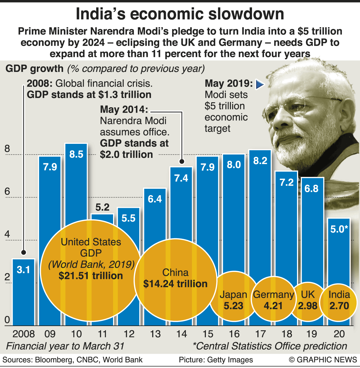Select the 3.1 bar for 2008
click(x=23, y=292)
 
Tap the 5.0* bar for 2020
click(x=339, y=253)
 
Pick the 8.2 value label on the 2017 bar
click(x=260, y=161)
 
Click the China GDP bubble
click(x=175, y=280)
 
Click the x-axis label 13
click(x=155, y=334)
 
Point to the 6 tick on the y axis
click(x=7, y=192)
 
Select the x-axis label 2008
click(x=24, y=334)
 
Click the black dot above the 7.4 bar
click(x=182, y=161)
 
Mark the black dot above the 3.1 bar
click(x=24, y=252)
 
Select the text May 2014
click(x=124, y=109)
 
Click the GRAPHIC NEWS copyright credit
click(x=323, y=360)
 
